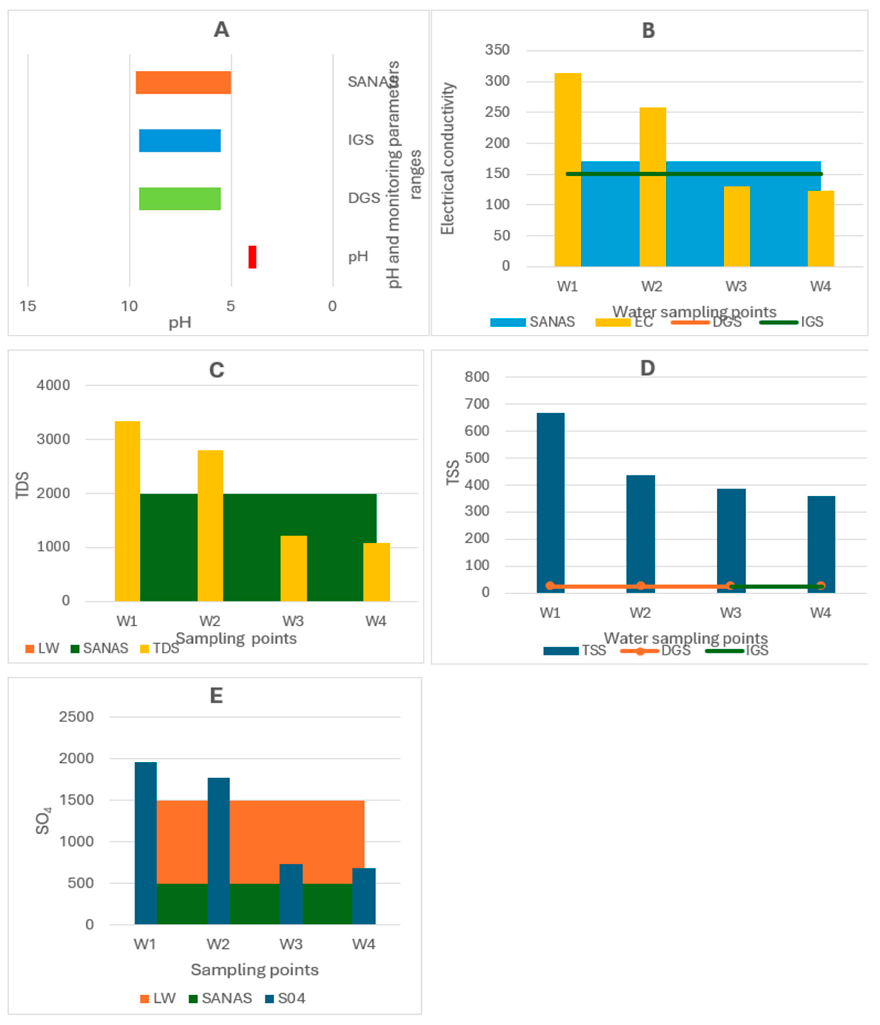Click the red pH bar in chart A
coord(252,257)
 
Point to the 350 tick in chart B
coord(497,50)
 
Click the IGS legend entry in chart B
coord(791,322)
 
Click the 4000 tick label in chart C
coord(53,385)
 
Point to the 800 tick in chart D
coord(477,377)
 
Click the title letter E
coord(216,696)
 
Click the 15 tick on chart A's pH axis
coord(28,306)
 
